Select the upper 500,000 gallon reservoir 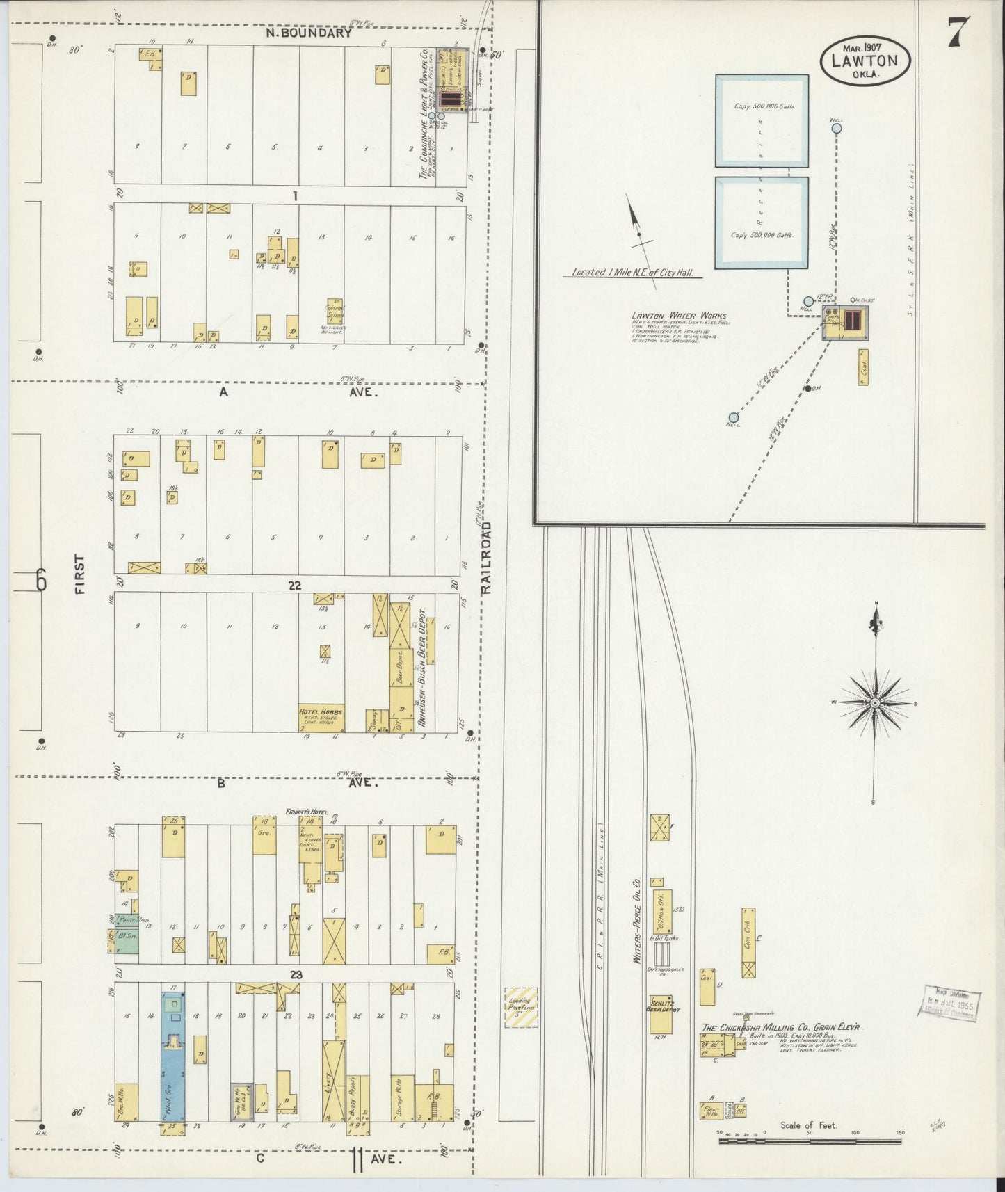coord(762,121)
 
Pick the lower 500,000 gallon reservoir coord(762,223)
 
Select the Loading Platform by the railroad coord(520,1008)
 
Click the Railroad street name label coord(485,557)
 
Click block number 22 coord(295,586)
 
